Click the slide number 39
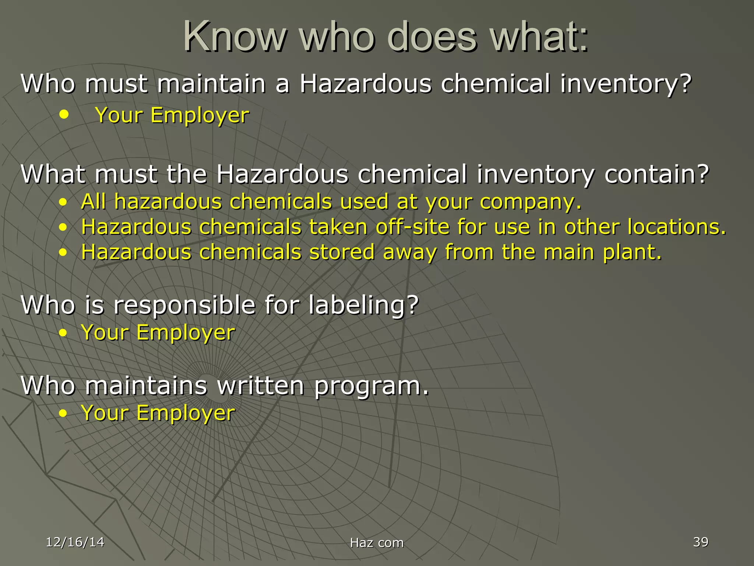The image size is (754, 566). (701, 542)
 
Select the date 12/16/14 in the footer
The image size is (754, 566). (75, 542)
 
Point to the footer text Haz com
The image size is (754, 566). (377, 543)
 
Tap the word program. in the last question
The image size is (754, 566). (372, 386)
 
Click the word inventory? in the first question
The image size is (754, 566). (626, 84)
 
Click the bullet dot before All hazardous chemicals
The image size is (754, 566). (63, 202)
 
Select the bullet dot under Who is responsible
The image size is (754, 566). (63, 333)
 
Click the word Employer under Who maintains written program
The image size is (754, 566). (186, 413)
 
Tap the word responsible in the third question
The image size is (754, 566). (184, 305)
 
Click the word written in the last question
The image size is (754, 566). (261, 386)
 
